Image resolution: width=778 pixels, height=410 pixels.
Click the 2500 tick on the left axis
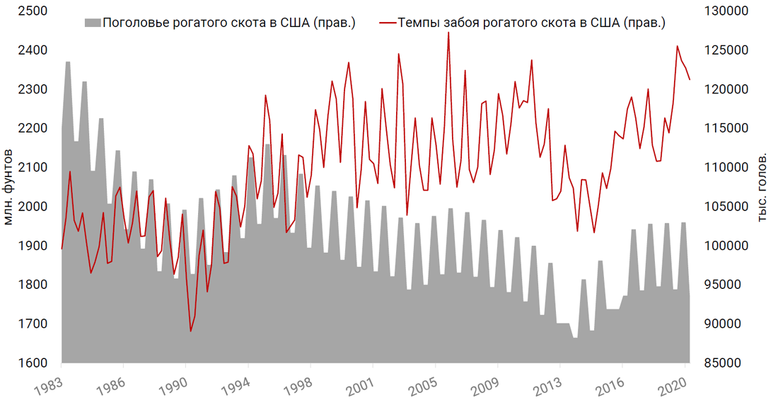point(33,11)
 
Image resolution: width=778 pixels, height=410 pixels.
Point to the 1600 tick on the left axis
point(33,363)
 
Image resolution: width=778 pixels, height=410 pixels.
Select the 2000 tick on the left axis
point(33,207)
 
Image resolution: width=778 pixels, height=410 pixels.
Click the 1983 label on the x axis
point(46,387)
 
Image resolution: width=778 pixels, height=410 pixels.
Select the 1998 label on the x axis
point(296,387)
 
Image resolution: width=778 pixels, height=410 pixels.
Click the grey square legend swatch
point(92,23)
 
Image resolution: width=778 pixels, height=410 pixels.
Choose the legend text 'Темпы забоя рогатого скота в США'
point(531,23)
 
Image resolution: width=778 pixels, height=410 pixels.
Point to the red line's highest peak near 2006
point(448,32)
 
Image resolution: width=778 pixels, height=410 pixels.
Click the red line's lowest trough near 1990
point(191,331)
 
